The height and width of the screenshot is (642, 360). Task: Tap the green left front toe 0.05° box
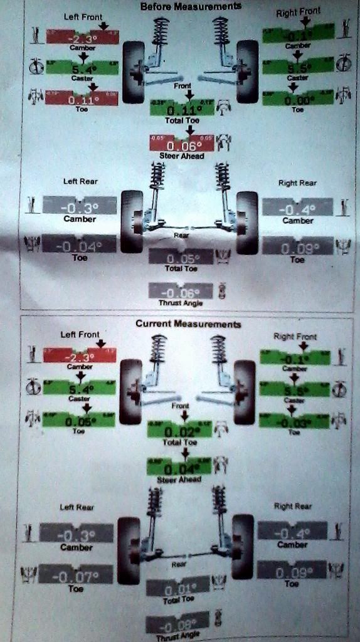(x=79, y=419)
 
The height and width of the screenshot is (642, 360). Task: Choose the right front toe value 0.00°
(x=297, y=98)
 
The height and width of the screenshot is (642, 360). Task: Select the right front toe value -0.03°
(x=295, y=419)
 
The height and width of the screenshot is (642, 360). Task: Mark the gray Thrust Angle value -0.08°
(x=176, y=624)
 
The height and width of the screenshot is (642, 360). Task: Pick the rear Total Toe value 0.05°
(x=181, y=258)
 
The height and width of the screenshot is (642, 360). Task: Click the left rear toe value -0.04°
(x=79, y=245)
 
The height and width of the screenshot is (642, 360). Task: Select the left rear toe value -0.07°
(x=76, y=575)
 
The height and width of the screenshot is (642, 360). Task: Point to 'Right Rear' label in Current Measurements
(x=292, y=505)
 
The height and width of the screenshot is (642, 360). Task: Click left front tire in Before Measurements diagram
(x=133, y=71)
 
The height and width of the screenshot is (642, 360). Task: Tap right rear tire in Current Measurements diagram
(x=242, y=546)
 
